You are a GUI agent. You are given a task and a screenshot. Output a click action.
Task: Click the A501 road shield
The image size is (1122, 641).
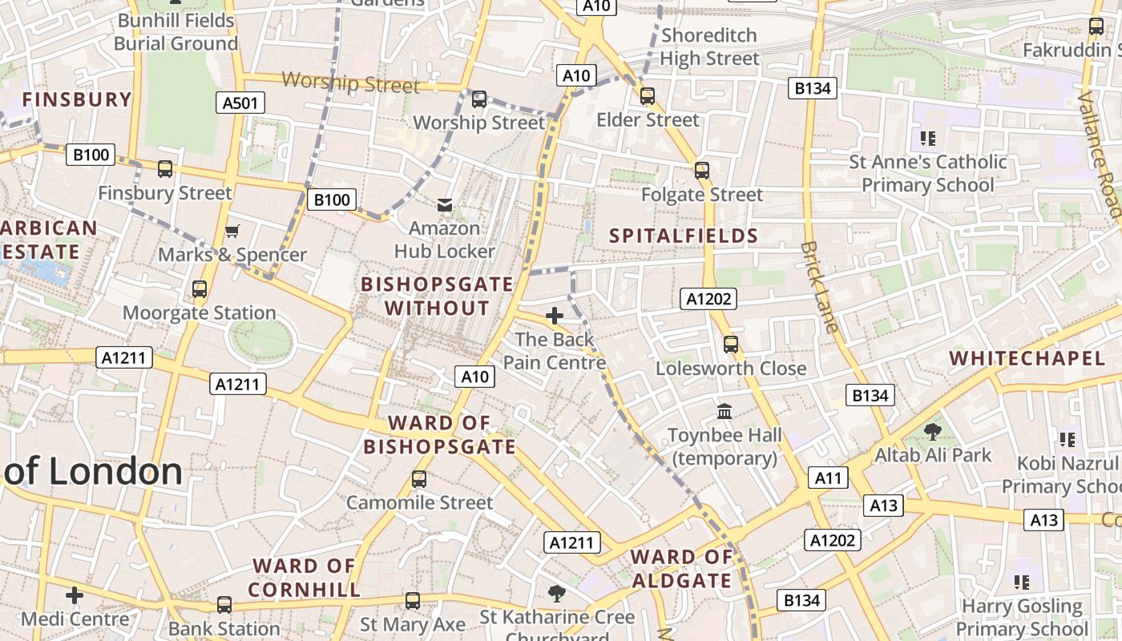240,103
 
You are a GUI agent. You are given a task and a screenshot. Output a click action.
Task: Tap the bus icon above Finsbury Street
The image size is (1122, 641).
165,169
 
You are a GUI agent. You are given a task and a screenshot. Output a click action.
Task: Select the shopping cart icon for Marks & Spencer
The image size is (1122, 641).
232,232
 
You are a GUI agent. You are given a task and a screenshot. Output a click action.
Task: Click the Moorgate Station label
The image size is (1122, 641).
200,312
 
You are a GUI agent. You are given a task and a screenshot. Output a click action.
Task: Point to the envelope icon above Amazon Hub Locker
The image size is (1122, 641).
445,205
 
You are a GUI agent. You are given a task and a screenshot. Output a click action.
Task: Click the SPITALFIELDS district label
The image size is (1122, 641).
684,236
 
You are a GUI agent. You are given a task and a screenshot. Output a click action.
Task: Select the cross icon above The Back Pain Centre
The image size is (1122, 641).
555,316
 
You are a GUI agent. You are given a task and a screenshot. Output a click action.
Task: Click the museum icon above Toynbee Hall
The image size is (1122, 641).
725,411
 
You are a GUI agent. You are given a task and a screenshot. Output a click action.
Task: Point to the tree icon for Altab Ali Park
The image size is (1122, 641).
933,432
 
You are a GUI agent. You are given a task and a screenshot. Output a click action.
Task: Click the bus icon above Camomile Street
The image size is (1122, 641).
419,479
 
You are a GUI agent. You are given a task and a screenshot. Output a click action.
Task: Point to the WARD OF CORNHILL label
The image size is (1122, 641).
305,578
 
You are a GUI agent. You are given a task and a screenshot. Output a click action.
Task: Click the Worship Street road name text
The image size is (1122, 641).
351,83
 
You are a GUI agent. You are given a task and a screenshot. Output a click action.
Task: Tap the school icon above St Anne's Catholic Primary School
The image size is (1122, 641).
929,139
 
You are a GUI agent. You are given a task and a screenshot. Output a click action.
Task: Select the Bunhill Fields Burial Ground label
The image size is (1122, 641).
176,32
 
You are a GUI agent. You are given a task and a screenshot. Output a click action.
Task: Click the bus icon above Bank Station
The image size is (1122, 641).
224,605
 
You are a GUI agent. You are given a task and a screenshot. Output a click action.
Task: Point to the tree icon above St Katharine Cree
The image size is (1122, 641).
557,594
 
